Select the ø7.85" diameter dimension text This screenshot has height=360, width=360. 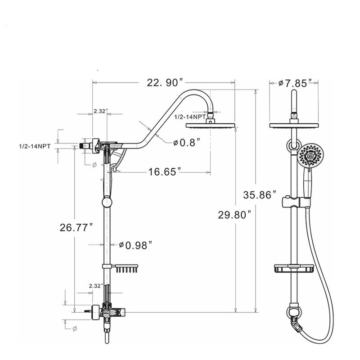tap(295, 83)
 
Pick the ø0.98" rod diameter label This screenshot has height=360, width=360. tap(135, 245)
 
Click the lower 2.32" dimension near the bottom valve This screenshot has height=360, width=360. tap(95, 285)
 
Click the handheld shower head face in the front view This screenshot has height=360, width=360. tap(309, 155)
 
